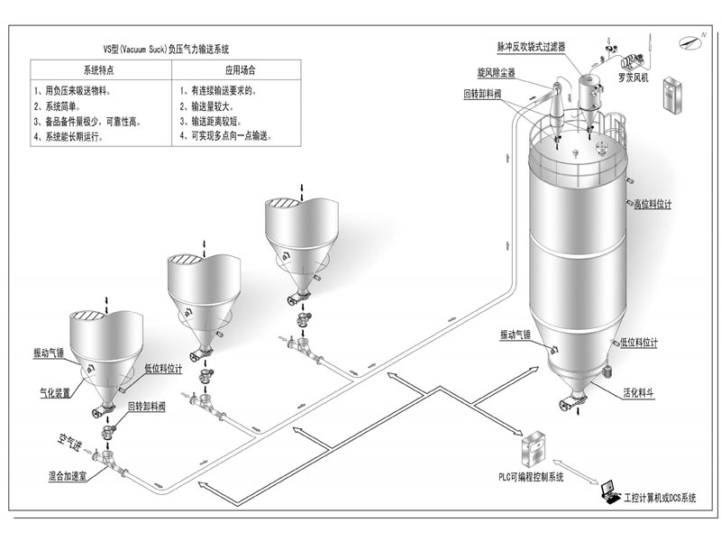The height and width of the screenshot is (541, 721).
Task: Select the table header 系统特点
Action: click(x=97, y=69)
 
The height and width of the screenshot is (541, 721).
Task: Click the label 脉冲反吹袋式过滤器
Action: click(x=537, y=45)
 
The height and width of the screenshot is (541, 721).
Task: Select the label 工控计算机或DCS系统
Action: click(x=667, y=498)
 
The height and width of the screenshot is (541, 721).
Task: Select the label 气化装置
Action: click(x=55, y=393)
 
